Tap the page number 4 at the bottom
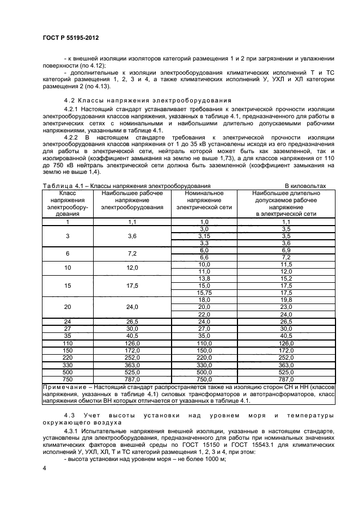pyautogui.click(x=44, y=469)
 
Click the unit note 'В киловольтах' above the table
pyautogui.click(x=306, y=186)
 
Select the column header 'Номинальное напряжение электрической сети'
pyautogui.click(x=204, y=204)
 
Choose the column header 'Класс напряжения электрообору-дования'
pyautogui.click(x=68, y=204)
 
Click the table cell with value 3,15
pyautogui.click(x=204, y=236)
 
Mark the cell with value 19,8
pyautogui.click(x=286, y=300)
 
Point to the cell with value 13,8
pyautogui.click(x=204, y=278)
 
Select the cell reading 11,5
pyautogui.click(x=286, y=264)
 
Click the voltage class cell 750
pyautogui.click(x=68, y=378)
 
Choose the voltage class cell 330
pyautogui.click(x=68, y=364)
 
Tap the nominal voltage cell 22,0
pyautogui.click(x=204, y=314)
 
